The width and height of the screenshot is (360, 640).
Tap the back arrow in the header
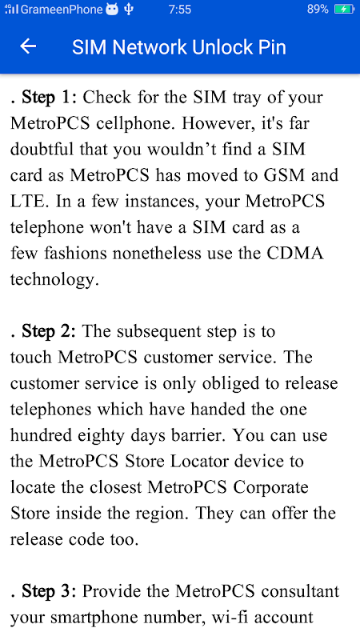(x=28, y=46)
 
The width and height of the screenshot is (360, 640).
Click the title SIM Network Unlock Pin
(x=179, y=47)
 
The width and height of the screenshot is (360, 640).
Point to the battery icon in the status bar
(x=345, y=9)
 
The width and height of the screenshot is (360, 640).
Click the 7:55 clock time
(x=179, y=9)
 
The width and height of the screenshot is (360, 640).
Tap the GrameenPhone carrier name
(x=62, y=10)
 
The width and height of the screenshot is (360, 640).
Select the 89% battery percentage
(x=318, y=9)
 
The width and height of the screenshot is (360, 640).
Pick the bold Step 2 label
(x=48, y=332)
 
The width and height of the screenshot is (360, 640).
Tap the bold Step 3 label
(x=48, y=592)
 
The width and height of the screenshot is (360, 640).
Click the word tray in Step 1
(x=246, y=98)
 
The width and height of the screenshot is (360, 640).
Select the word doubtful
(x=42, y=150)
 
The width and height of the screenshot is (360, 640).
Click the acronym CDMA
(x=295, y=254)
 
